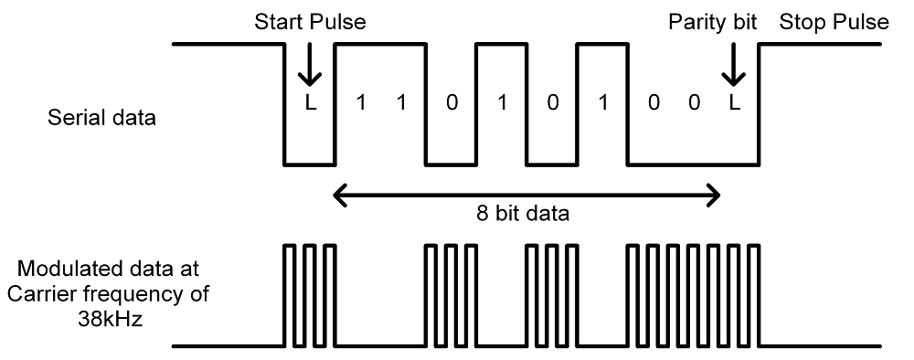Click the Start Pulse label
click(309, 22)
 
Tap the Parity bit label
click(713, 22)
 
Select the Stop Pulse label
click(834, 22)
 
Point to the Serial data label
click(101, 118)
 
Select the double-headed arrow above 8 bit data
click(527, 193)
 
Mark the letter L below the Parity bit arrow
click(734, 102)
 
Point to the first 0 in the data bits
click(451, 102)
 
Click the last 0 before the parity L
click(695, 102)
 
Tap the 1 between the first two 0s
click(501, 102)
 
